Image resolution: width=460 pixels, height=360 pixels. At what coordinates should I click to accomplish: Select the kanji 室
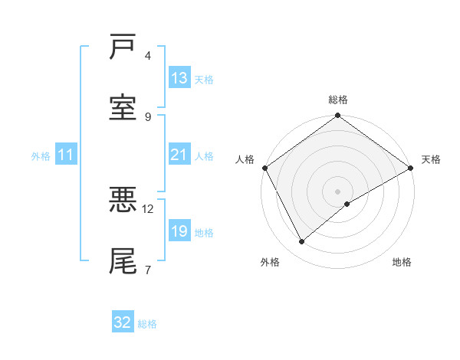point(123,107)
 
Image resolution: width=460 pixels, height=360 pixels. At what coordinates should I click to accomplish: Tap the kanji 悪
point(123,200)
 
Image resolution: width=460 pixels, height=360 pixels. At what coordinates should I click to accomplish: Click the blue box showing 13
point(179,78)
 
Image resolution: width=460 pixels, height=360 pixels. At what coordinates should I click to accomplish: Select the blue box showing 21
point(179,155)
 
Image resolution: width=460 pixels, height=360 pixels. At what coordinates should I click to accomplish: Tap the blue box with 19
point(179,232)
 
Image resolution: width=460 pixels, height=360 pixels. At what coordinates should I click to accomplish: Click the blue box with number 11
point(66,155)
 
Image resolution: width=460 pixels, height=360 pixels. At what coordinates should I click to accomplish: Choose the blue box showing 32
point(123,322)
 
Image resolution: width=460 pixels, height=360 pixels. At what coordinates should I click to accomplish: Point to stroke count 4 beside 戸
point(148,56)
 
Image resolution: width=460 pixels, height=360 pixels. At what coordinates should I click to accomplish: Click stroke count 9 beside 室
point(148,116)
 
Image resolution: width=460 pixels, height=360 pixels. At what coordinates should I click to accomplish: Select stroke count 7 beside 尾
point(148,270)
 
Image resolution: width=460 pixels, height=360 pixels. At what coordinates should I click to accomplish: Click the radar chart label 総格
point(337,100)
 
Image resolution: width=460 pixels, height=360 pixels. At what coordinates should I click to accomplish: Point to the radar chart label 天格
point(431,159)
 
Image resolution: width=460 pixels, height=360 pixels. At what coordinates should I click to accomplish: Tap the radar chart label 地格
point(402,262)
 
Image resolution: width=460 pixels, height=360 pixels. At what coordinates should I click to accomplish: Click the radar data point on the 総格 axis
point(337,116)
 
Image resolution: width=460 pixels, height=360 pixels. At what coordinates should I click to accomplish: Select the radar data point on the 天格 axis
point(411,168)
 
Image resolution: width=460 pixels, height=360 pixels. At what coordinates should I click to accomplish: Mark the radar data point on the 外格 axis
point(302,241)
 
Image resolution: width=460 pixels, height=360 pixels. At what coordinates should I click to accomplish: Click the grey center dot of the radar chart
point(337,191)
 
